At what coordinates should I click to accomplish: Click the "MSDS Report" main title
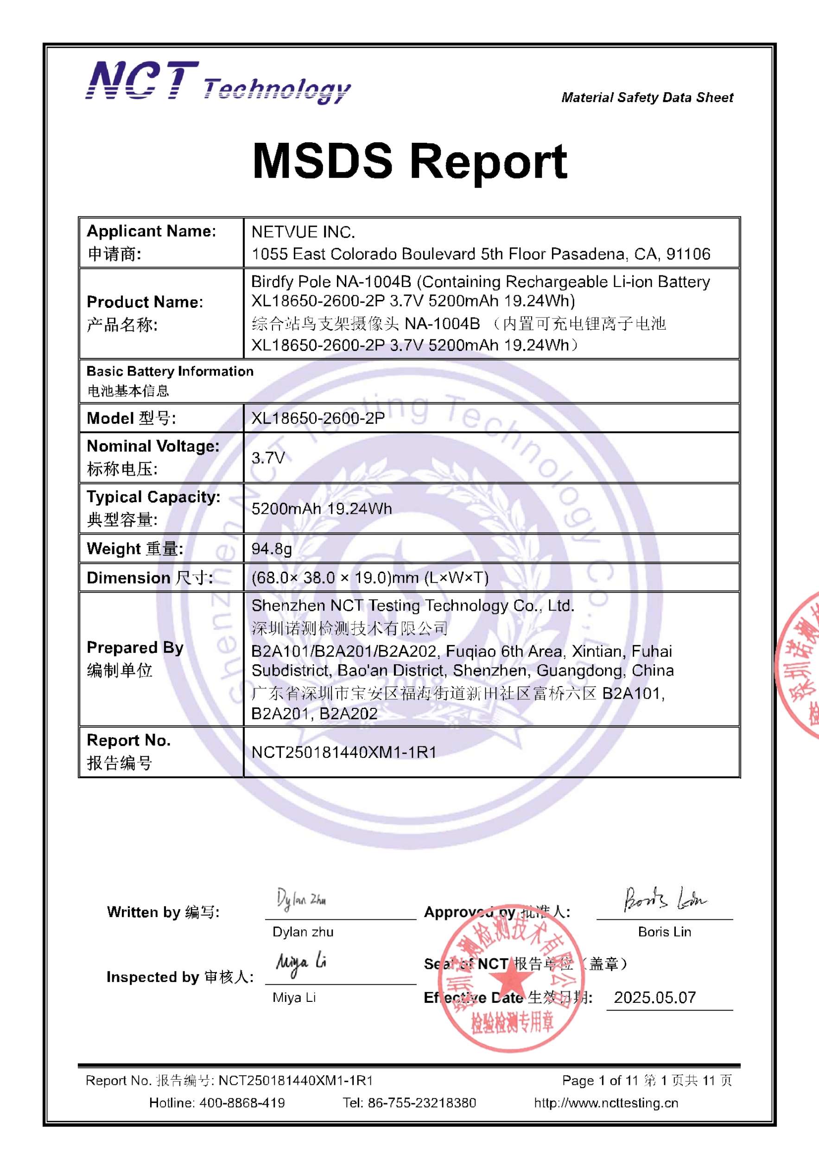pos(410,161)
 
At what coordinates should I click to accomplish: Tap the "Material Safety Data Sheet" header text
pos(647,97)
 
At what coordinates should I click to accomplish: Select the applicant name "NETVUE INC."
pos(303,232)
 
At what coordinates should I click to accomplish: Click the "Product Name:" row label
pos(145,302)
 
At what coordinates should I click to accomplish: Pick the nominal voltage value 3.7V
pos(268,458)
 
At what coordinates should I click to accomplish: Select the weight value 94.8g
pos(272,549)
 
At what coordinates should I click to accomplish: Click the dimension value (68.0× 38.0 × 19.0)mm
pos(370,578)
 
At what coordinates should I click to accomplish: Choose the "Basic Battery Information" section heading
pos(170,371)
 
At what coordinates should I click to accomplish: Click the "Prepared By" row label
pos(135,648)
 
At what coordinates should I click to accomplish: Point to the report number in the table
pos(343,752)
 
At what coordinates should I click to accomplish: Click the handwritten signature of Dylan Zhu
pos(301,899)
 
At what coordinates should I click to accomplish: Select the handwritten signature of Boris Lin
pos(665,899)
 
